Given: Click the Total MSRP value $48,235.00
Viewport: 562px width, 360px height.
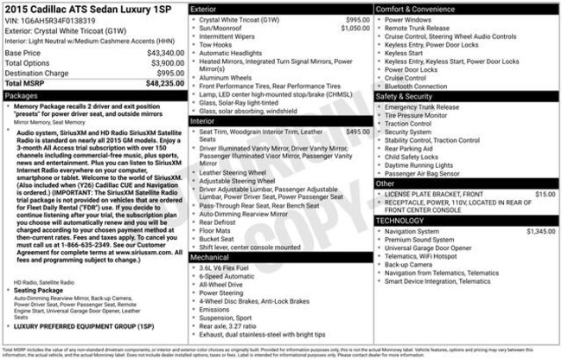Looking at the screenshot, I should [157, 83].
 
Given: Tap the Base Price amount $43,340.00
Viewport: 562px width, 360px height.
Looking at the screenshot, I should [157, 54].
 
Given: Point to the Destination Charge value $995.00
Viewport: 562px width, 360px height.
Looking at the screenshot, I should [165, 73].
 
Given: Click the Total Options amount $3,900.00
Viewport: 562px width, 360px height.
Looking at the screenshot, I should [160, 63].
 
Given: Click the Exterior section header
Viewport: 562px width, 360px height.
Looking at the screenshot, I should [204, 8].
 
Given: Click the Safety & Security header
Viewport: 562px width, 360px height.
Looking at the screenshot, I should [406, 96].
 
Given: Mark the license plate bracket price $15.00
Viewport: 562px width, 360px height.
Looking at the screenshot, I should [546, 195].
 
